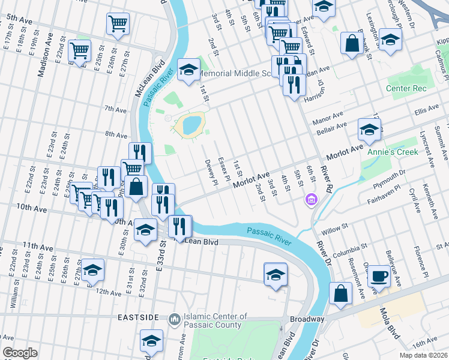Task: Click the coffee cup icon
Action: click(378, 276)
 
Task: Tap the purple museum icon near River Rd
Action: click(311, 199)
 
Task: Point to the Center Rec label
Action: click(406, 89)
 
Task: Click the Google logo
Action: click(20, 353)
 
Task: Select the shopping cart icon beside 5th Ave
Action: click(118, 24)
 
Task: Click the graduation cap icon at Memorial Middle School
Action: click(188, 70)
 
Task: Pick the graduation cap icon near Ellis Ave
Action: click(370, 128)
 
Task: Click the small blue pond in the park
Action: click(191, 125)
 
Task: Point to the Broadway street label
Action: click(307, 319)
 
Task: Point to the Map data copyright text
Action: click(423, 355)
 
